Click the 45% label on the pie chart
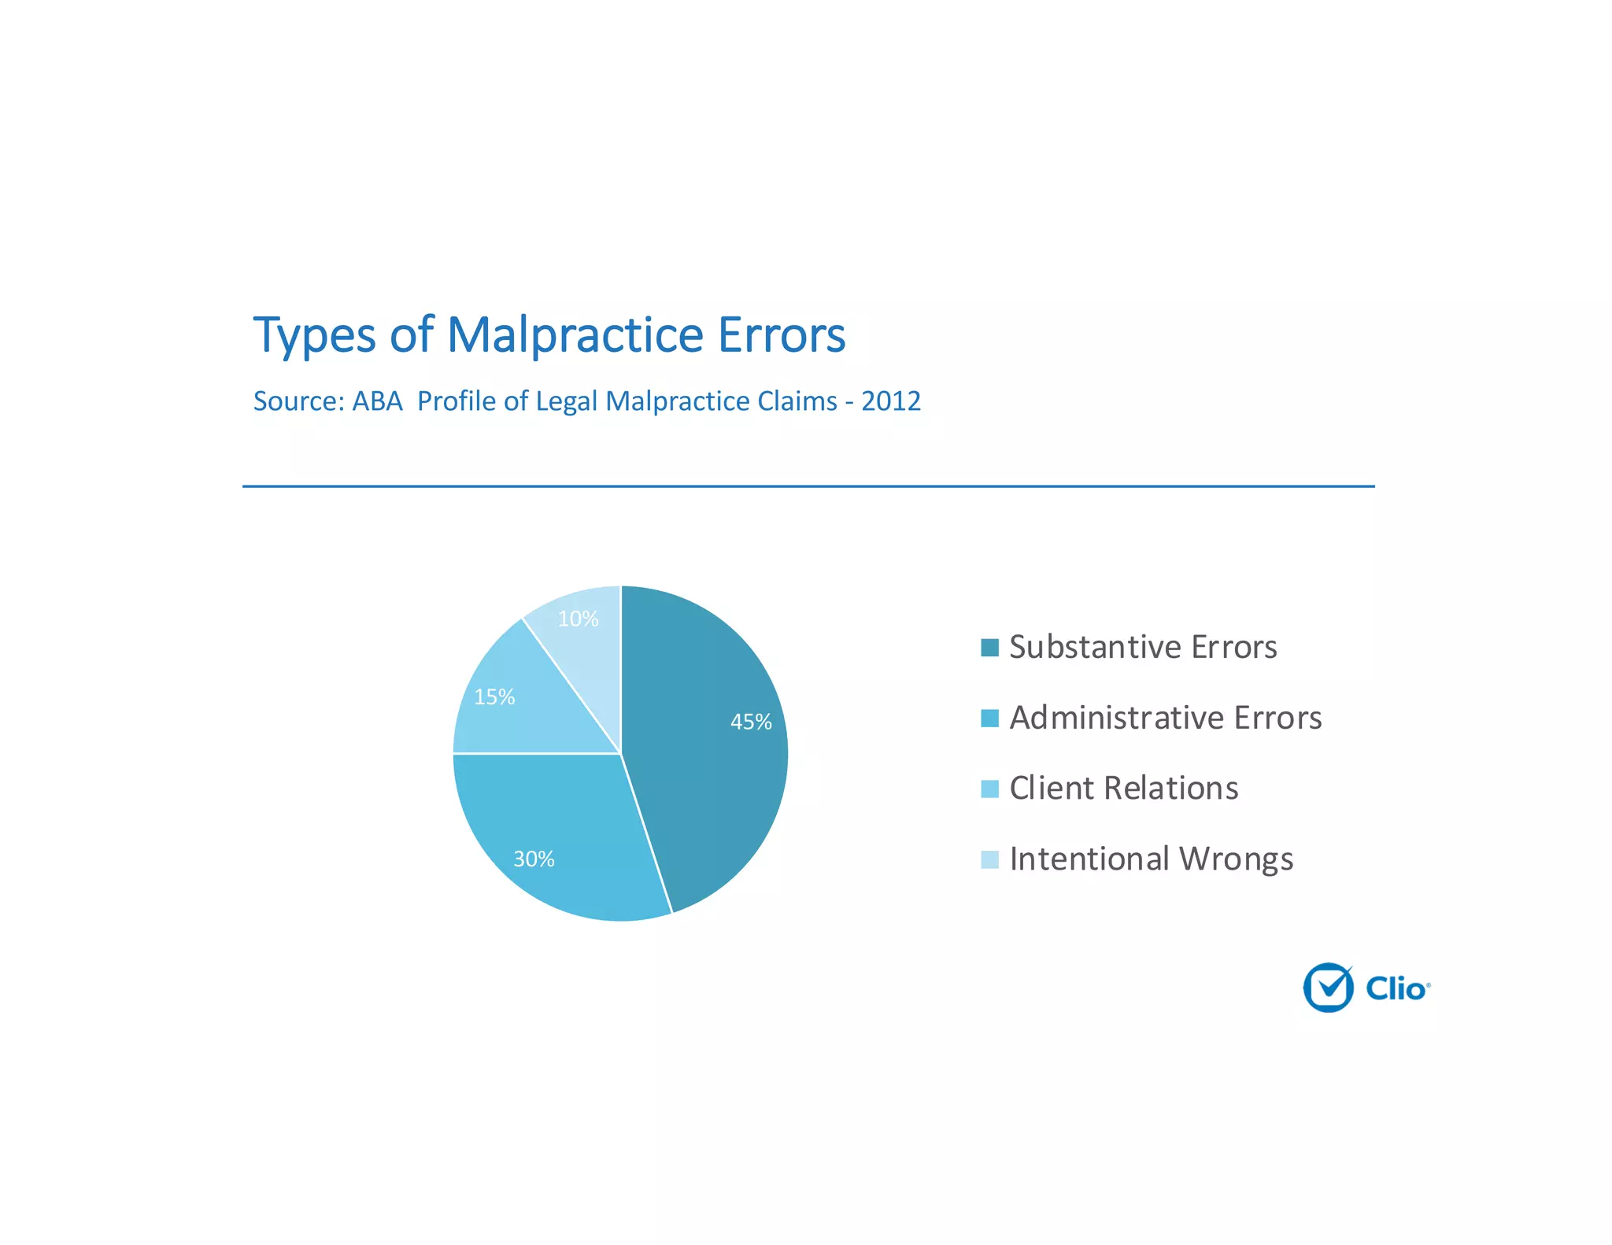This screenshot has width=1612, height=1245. coord(751,722)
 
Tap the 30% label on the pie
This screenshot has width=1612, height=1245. coord(534,859)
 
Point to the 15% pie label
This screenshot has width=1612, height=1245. coord(494,696)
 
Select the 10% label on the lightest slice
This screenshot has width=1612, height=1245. coord(578,619)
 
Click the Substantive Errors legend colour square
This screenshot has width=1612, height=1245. coord(989,648)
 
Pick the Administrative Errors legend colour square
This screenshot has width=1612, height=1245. coord(989,718)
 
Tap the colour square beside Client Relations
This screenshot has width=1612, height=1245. coord(989,789)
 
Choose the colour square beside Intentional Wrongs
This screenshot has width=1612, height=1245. coord(989,859)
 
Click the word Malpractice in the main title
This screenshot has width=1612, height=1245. coord(575,335)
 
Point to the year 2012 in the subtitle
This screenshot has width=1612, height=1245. coord(890,401)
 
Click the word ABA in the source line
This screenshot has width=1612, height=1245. coord(377,401)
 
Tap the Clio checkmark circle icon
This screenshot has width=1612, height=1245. coord(1328,988)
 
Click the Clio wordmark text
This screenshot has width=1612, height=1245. coord(1396,988)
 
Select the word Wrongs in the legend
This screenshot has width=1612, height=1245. coord(1236,859)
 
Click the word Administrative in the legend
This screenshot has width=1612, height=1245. coord(1116,718)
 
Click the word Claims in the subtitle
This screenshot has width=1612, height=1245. coord(797,401)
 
